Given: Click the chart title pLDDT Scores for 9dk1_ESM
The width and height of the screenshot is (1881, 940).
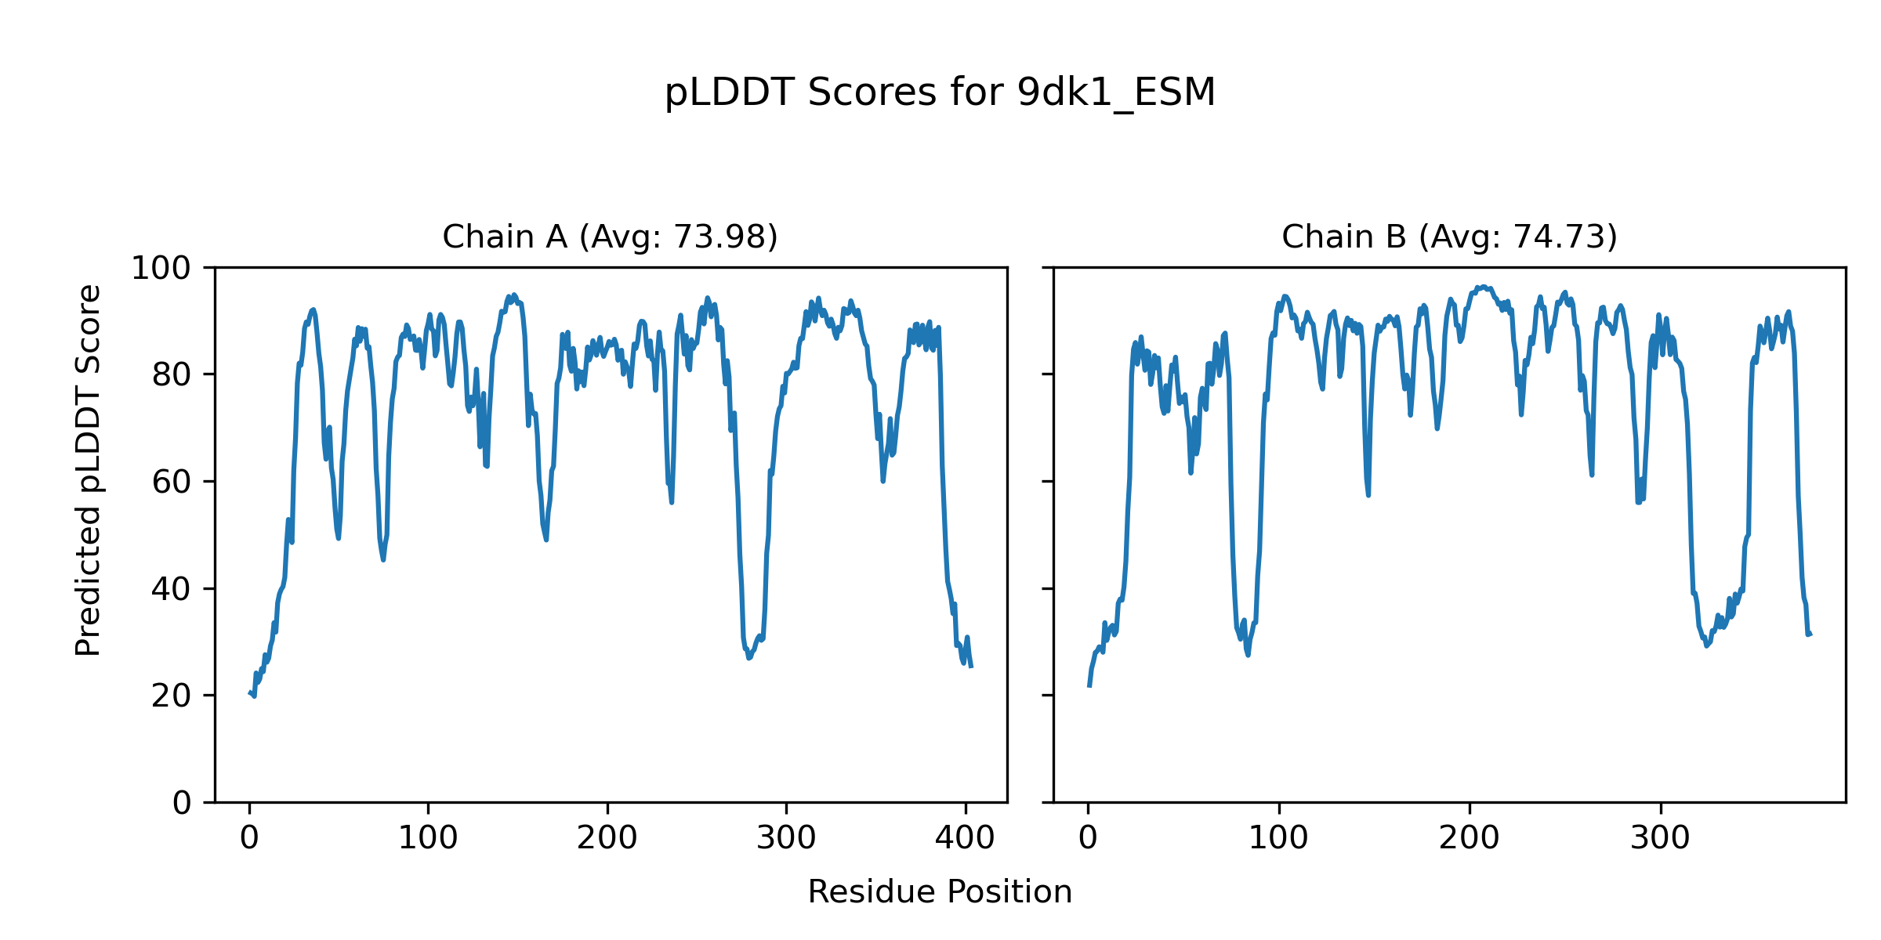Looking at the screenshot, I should pyautogui.click(x=940, y=93).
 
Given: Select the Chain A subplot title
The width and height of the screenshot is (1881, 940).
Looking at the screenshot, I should pyautogui.click(x=610, y=237).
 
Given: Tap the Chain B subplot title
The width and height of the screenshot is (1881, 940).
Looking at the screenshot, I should pyautogui.click(x=1449, y=237).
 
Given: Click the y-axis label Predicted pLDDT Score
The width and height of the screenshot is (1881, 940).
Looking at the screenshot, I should pyautogui.click(x=89, y=470).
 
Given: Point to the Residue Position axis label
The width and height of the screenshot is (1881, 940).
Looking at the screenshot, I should pyautogui.click(x=940, y=892).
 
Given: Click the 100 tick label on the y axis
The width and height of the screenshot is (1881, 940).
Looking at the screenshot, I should pyautogui.click(x=161, y=269).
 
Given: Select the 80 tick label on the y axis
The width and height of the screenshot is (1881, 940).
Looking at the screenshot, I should pyautogui.click(x=172, y=375).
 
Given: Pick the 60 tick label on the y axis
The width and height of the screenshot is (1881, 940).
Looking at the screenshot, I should pyautogui.click(x=172, y=482).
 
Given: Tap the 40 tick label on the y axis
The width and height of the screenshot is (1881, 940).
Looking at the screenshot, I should pyautogui.click(x=172, y=589).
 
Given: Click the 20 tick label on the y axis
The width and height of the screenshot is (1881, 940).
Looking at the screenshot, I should pyautogui.click(x=172, y=696).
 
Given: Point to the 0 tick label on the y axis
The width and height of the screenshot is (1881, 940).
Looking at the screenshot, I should pyautogui.click(x=182, y=803).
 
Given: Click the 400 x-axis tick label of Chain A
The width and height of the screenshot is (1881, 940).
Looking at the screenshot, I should pyautogui.click(x=965, y=839).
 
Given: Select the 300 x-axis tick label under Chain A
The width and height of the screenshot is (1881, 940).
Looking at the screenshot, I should pyautogui.click(x=786, y=839).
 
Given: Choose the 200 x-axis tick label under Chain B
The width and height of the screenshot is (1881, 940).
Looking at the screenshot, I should pyautogui.click(x=1470, y=839).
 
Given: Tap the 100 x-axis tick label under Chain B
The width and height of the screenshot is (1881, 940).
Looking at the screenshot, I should pyautogui.click(x=1278, y=839).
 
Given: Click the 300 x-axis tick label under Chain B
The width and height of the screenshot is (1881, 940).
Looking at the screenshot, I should pyautogui.click(x=1660, y=839).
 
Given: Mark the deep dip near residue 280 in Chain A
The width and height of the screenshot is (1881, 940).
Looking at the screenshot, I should pyautogui.click(x=748, y=657).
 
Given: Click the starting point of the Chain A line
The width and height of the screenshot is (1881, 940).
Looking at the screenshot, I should pyautogui.click(x=249, y=693).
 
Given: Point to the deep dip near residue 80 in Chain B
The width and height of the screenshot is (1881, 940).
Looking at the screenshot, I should pyautogui.click(x=1248, y=654).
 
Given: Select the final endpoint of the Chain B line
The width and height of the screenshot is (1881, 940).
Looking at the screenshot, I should pyautogui.click(x=1810, y=634).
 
